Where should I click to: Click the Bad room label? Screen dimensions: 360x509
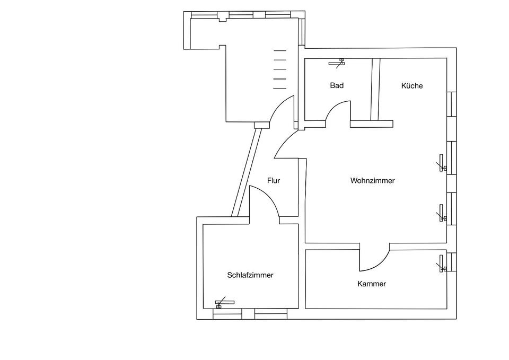(x=337, y=85)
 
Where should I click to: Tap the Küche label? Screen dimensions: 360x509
(x=412, y=85)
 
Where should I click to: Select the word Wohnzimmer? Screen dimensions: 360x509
(x=372, y=181)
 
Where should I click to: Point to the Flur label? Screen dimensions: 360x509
(x=274, y=181)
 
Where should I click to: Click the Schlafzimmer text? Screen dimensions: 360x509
(x=250, y=275)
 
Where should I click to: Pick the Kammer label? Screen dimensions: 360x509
(x=372, y=284)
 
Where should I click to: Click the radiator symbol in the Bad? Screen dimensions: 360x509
(x=337, y=63)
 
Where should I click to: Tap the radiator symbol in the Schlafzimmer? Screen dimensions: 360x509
(x=224, y=303)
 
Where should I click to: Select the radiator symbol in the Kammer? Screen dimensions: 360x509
(x=441, y=264)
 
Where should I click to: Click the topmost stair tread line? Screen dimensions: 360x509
(x=279, y=50)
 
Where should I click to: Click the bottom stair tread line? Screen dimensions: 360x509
(x=279, y=88)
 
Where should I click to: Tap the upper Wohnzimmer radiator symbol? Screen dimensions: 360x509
(x=441, y=164)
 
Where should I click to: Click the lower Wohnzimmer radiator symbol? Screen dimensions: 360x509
(x=441, y=214)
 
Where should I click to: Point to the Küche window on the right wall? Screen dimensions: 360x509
(x=452, y=103)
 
